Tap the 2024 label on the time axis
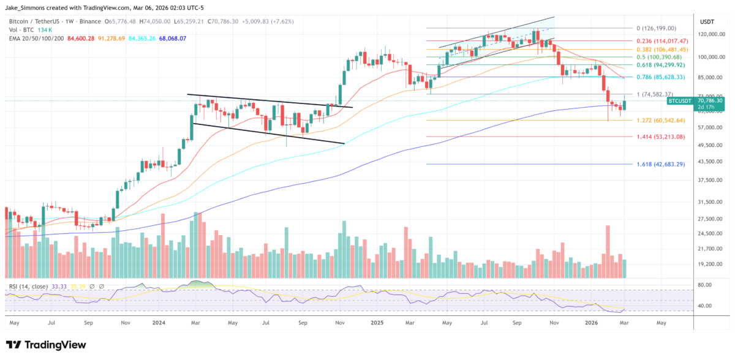pos(159,321)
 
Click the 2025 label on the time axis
pos(376,321)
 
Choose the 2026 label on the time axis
pos(591,321)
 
